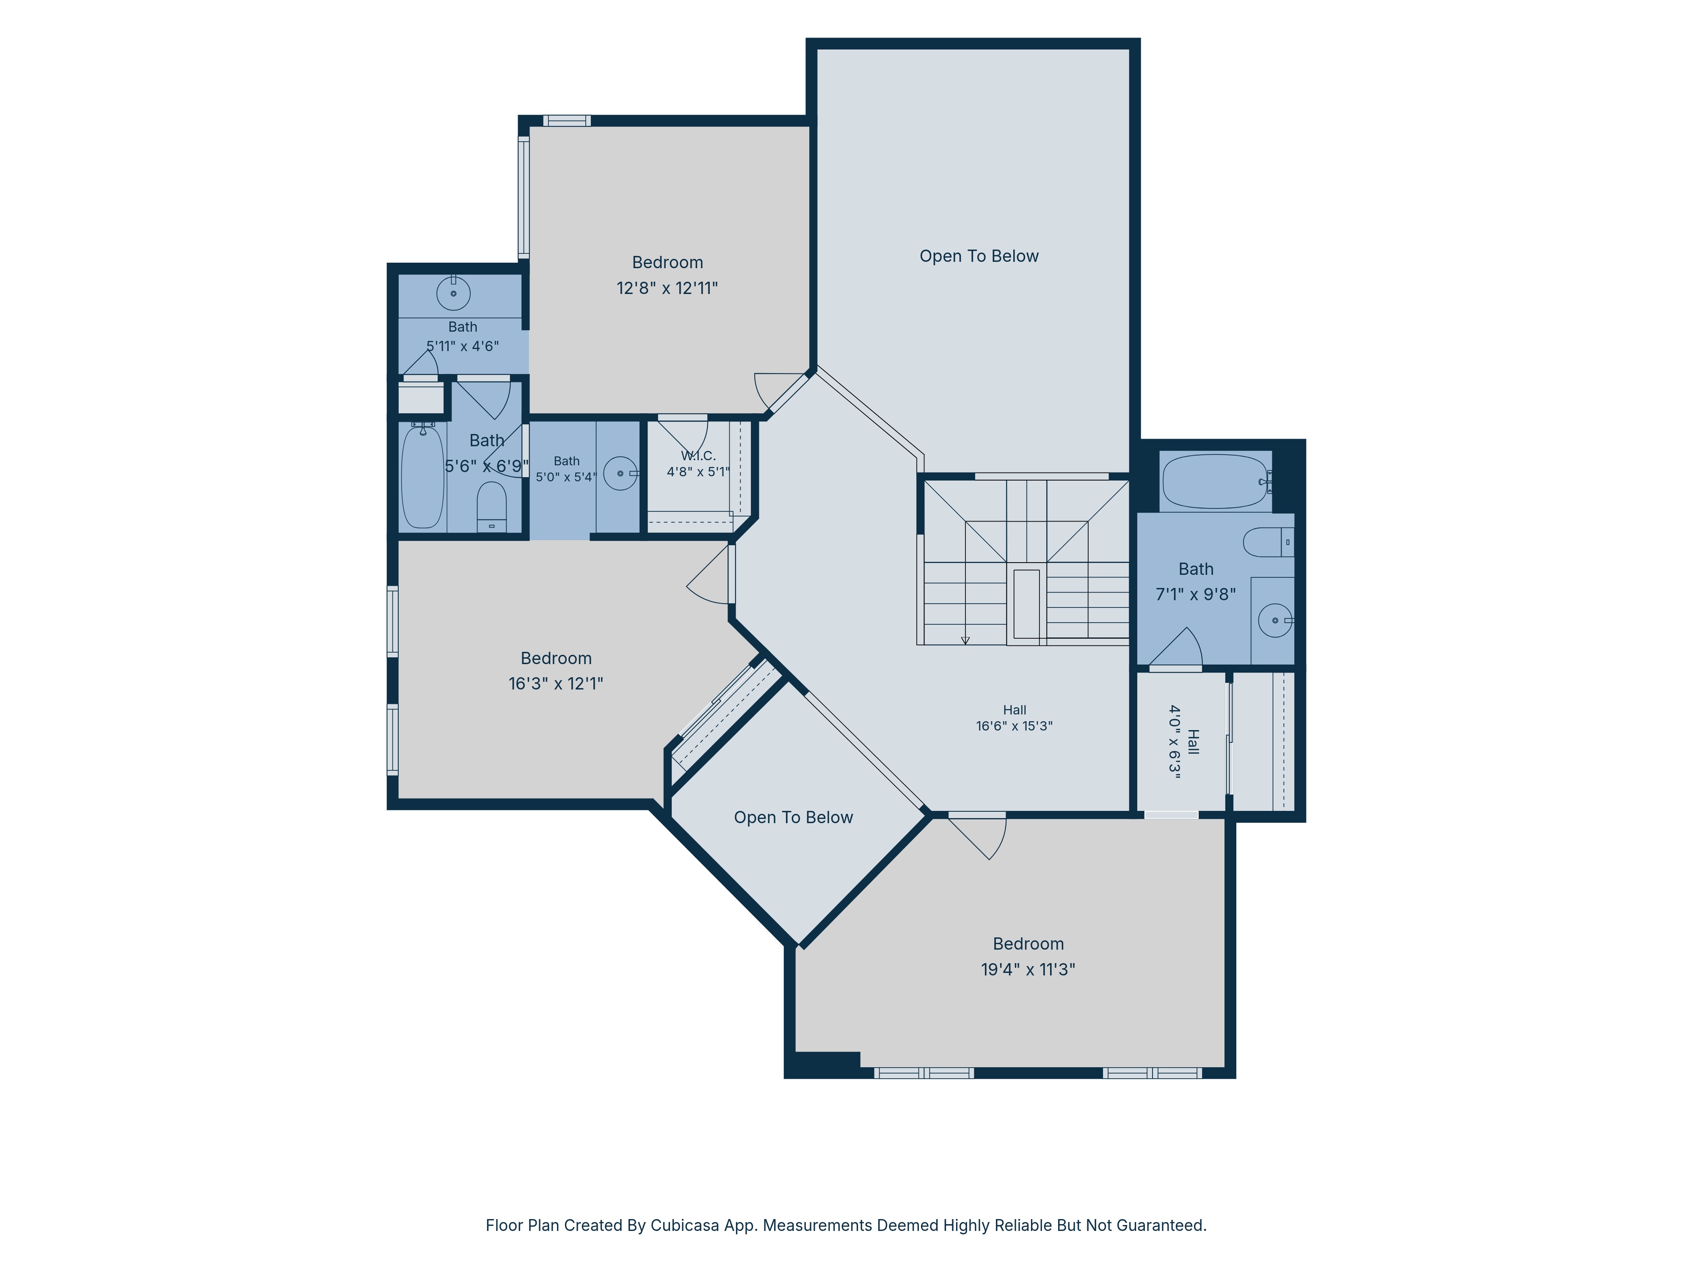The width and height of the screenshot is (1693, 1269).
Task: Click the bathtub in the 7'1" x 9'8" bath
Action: click(1216, 481)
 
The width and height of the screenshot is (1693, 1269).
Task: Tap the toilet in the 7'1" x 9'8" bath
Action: click(1268, 542)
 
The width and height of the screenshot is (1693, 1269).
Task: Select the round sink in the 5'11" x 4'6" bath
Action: click(453, 293)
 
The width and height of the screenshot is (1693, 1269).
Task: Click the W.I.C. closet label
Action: click(698, 456)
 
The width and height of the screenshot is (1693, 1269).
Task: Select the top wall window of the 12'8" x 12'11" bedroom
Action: click(567, 120)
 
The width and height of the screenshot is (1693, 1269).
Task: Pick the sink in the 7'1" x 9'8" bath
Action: click(1275, 621)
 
